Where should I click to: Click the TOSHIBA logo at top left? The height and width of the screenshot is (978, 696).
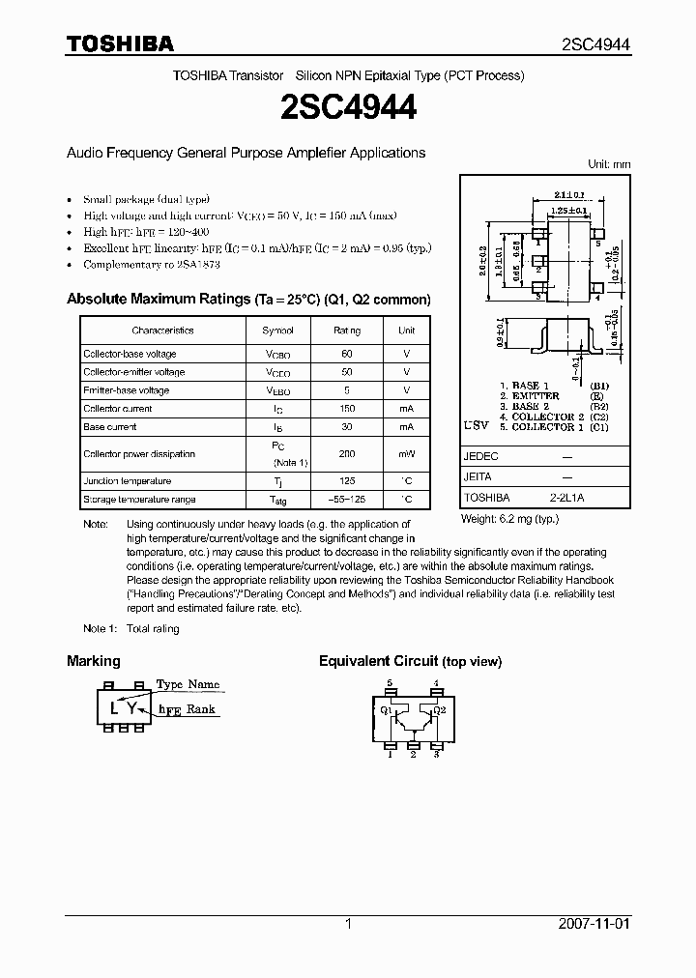[120, 43]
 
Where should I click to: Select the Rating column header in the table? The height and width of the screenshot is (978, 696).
[347, 331]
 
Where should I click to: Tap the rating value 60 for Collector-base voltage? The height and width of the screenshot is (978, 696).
[347, 354]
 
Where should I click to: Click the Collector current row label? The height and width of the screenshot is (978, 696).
[117, 409]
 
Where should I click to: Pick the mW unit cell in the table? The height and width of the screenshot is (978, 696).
[407, 454]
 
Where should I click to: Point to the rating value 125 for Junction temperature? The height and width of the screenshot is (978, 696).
[347, 481]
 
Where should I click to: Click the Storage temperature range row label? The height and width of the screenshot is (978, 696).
[139, 500]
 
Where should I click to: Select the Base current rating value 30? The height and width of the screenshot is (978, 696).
[347, 427]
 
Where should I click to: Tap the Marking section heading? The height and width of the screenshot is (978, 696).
[94, 661]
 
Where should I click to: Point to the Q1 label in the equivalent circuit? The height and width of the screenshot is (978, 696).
[386, 709]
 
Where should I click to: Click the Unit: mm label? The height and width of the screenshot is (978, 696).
[609, 164]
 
